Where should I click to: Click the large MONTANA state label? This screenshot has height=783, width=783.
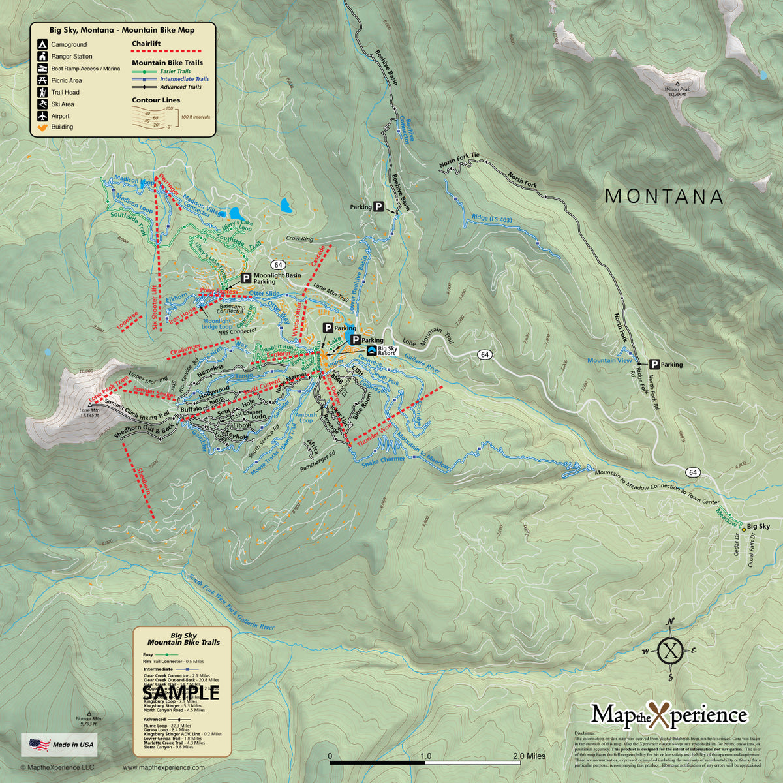click(664, 196)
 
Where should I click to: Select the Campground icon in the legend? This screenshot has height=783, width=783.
click(42, 44)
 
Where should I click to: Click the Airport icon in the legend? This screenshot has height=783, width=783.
click(42, 115)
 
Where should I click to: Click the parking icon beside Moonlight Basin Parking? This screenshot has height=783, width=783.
click(247, 278)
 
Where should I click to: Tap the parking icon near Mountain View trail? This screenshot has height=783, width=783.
click(653, 365)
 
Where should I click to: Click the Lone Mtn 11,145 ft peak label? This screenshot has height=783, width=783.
click(89, 412)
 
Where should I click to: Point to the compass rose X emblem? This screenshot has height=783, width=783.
click(672, 650)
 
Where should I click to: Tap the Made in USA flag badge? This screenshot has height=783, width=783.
click(59, 744)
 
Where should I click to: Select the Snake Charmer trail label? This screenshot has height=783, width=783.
click(383, 460)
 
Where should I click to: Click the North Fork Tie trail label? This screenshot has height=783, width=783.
click(459, 160)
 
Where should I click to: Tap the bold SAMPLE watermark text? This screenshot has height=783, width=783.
click(181, 692)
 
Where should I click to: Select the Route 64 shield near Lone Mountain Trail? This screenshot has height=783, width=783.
click(484, 354)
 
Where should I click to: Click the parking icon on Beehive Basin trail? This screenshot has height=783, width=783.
click(378, 206)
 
